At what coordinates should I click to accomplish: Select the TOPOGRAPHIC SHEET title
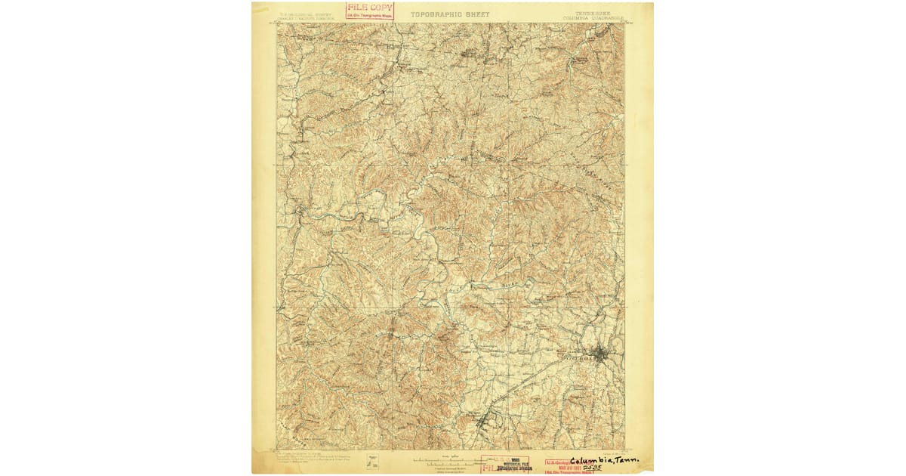[450, 14]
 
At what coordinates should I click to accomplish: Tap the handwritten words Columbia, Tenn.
[603, 460]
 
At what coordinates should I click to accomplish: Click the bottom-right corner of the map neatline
[624, 450]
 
